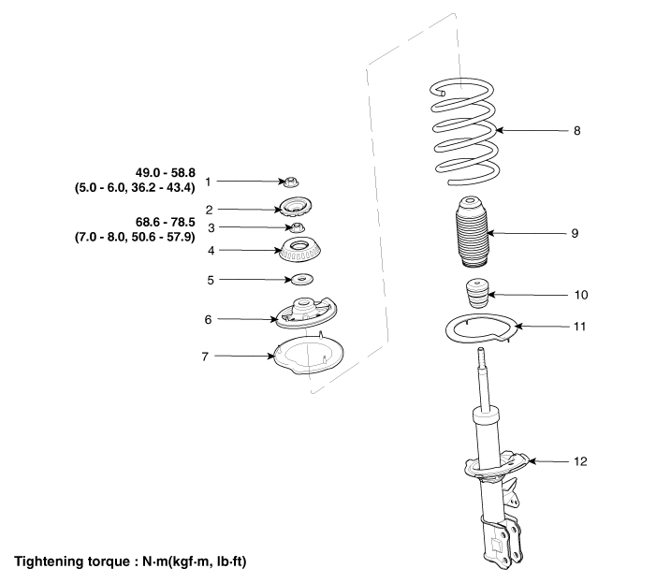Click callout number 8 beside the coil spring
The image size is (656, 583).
(x=576, y=131)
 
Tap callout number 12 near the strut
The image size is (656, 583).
(x=580, y=461)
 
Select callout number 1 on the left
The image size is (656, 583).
(x=209, y=181)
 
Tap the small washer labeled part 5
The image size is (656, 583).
(x=302, y=280)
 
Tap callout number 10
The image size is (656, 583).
(x=579, y=295)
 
